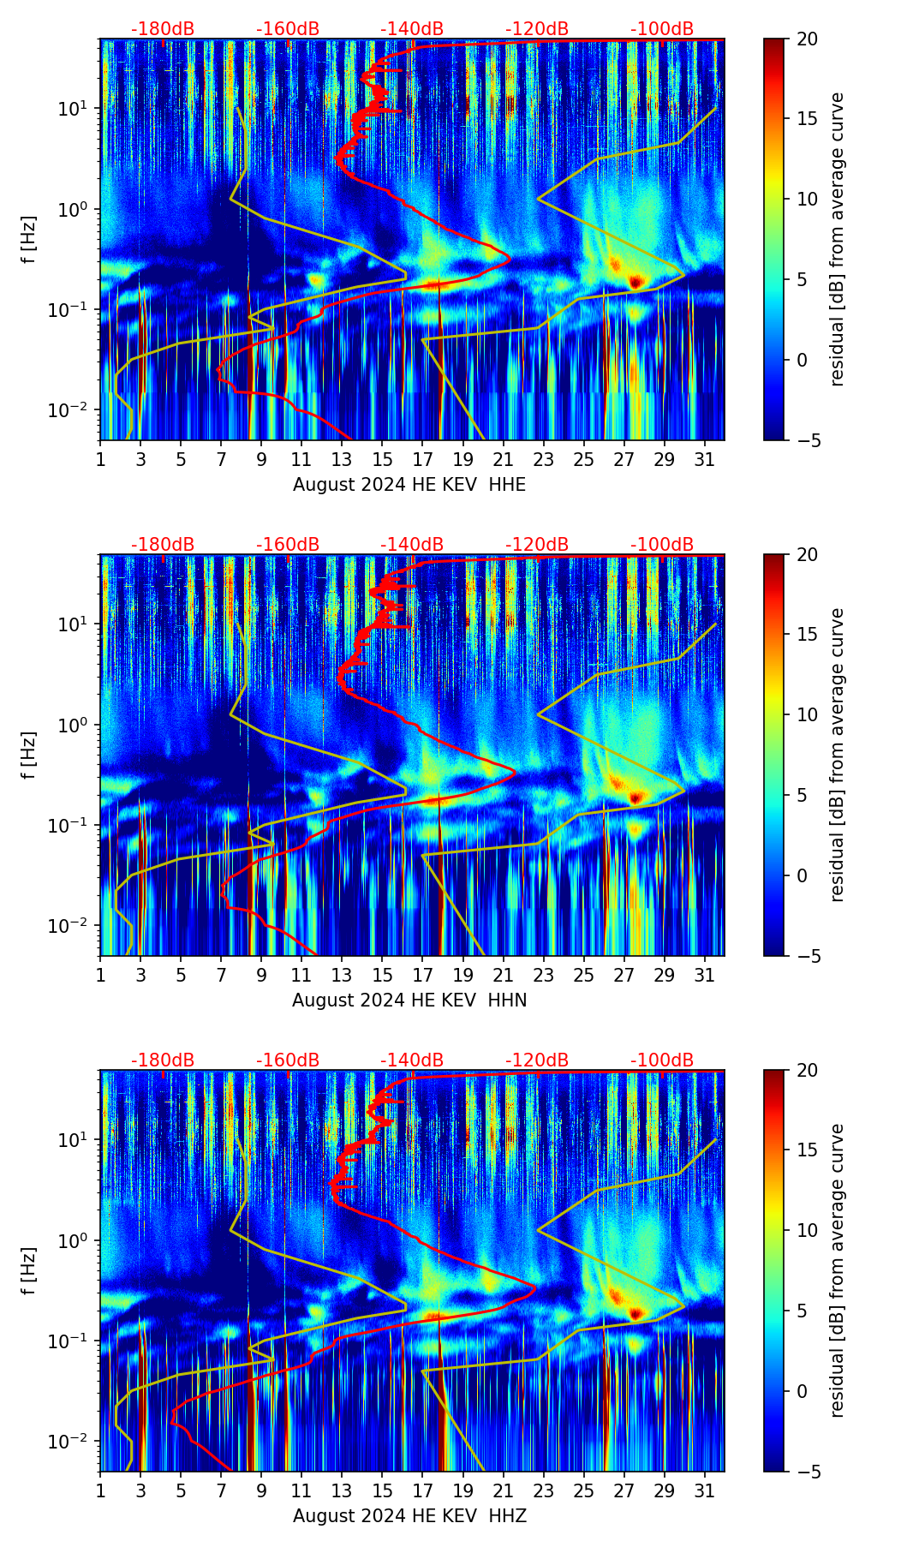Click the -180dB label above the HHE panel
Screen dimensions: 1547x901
163,29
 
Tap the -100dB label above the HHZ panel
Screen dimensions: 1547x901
662,1060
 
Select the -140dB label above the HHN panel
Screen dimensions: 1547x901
412,545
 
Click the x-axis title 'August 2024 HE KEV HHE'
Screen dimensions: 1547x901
409,485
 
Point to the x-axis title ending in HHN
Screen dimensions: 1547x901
409,1000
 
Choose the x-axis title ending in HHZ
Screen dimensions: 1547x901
409,1516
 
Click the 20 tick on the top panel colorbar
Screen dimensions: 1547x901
806,39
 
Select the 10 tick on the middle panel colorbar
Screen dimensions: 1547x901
806,714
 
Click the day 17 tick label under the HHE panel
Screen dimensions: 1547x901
423,459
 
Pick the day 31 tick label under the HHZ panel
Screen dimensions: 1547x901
705,1490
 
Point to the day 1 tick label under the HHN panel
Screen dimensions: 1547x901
101,975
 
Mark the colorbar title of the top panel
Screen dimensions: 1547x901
838,240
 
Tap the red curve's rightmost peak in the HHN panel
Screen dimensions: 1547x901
515,772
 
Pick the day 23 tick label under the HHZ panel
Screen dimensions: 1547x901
544,1490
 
